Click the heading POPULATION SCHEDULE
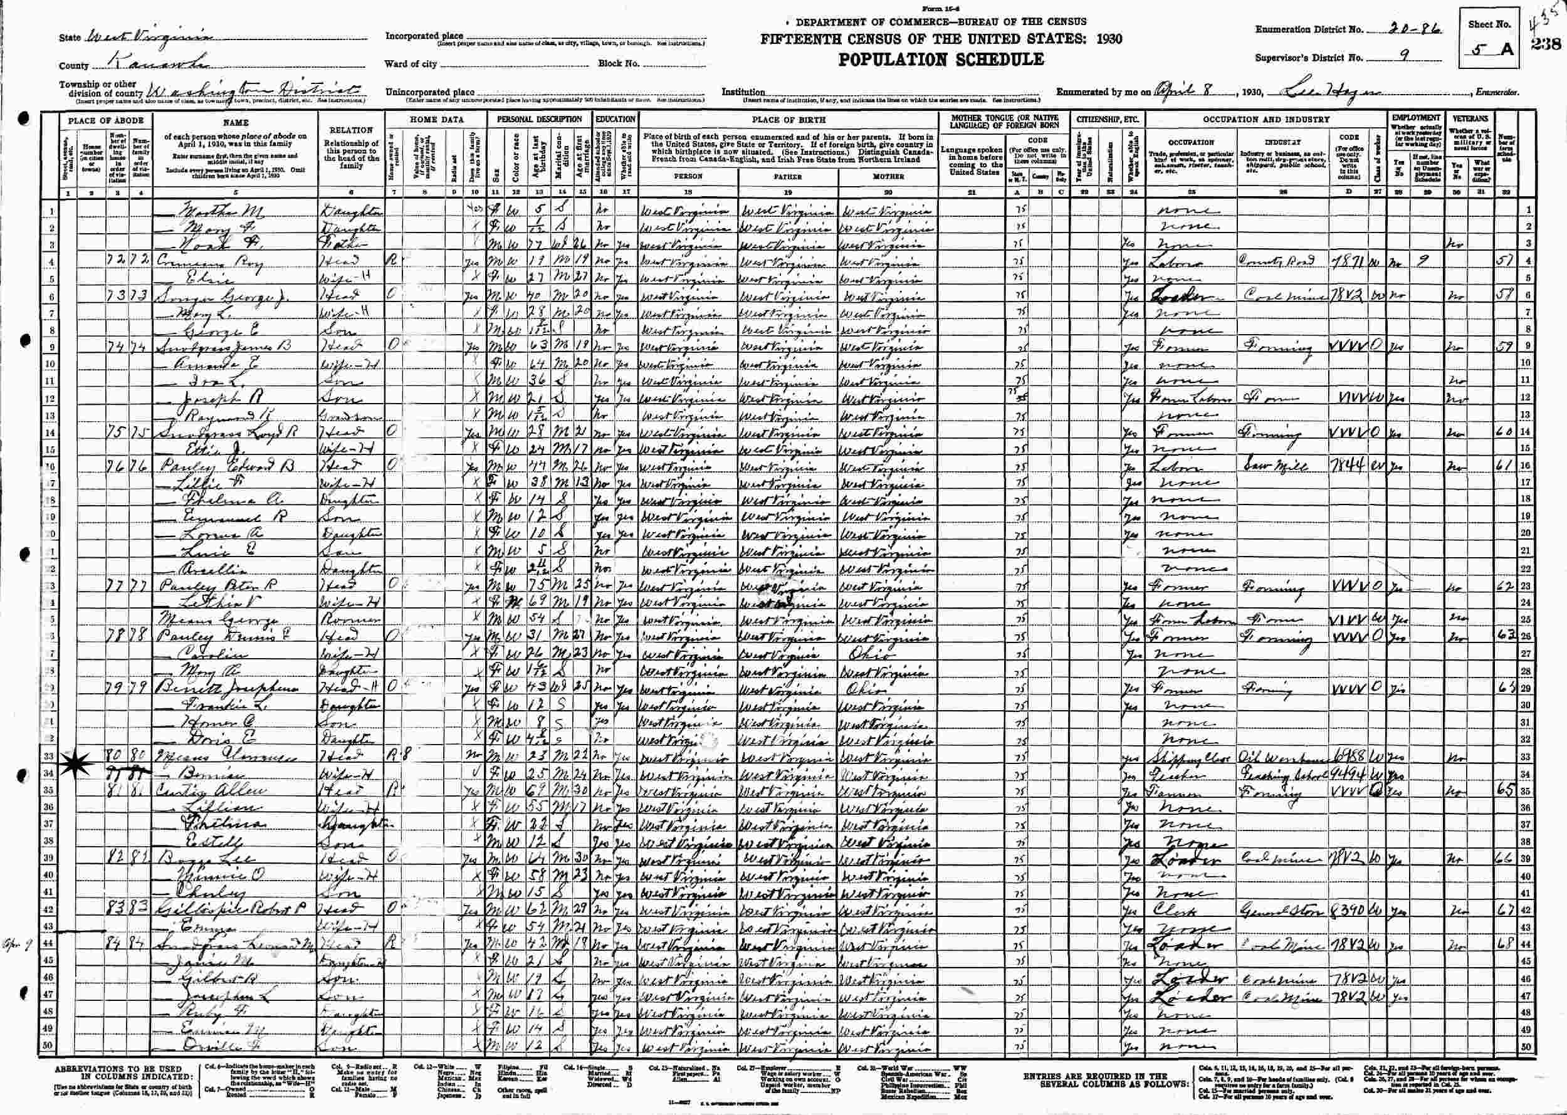940,60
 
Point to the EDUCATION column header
616,119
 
